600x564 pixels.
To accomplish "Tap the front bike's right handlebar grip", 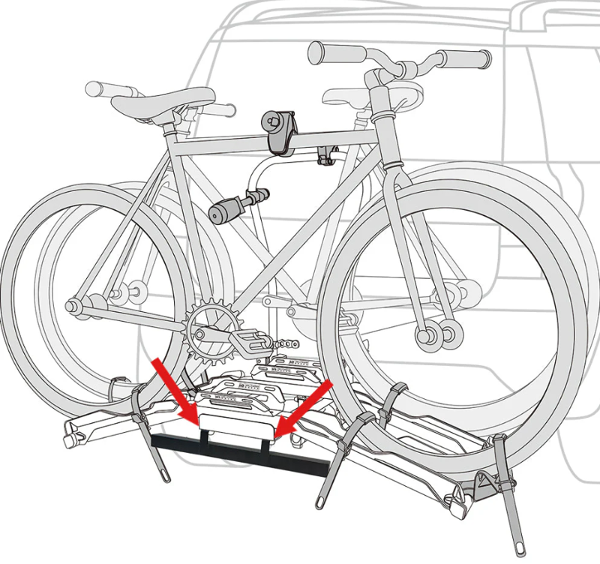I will [x=465, y=57].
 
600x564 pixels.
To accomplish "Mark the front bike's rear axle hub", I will [x=75, y=306].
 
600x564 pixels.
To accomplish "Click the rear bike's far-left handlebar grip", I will [x=97, y=89].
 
